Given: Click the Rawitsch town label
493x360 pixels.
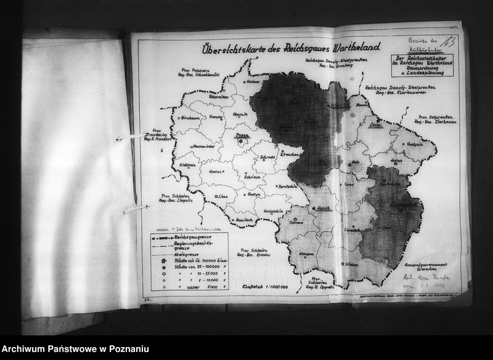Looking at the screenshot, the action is (x=245, y=220).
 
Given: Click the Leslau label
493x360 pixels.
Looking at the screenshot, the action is (x=375, y=125).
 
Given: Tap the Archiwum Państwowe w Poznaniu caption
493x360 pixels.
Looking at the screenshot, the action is (x=75, y=349).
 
